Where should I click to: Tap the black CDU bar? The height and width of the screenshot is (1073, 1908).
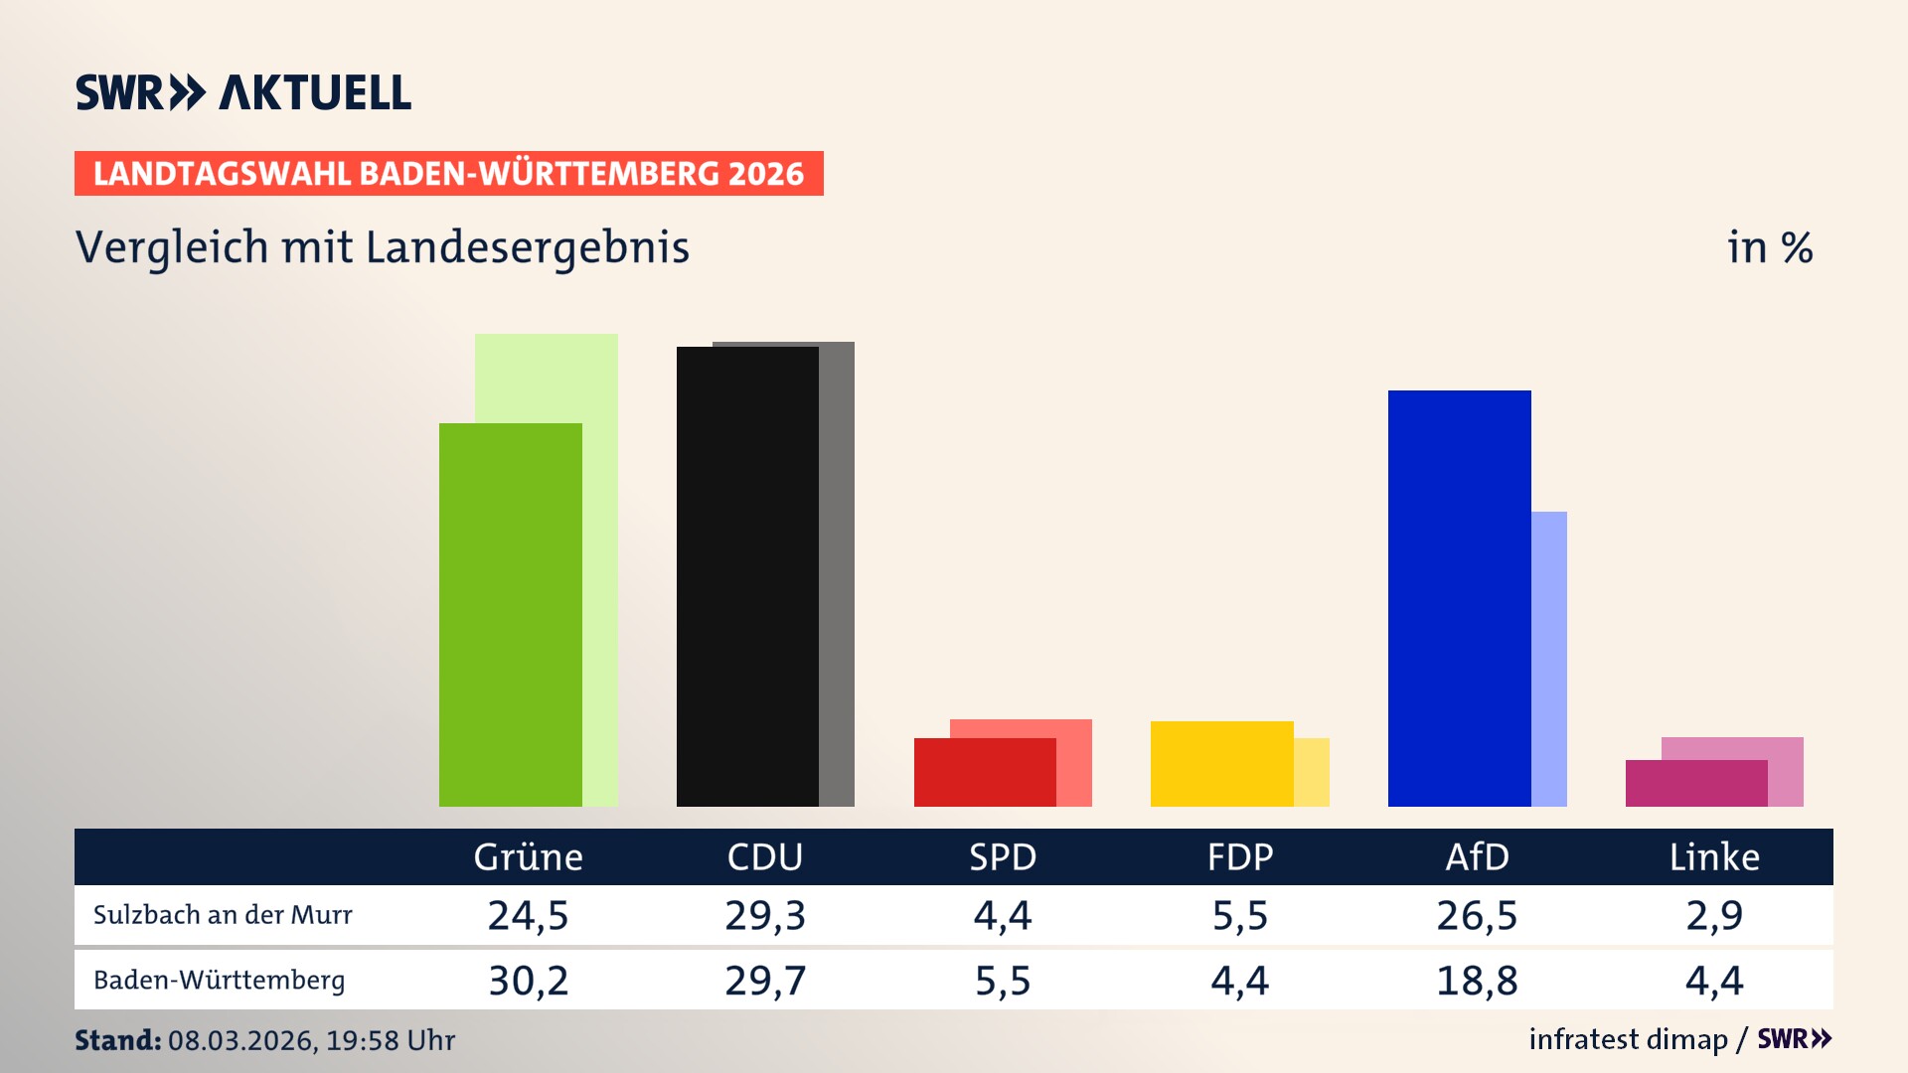click(747, 576)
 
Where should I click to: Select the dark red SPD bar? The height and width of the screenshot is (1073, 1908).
click(984, 772)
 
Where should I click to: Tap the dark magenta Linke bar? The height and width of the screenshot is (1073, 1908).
click(1695, 783)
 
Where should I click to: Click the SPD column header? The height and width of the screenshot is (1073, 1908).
click(1003, 856)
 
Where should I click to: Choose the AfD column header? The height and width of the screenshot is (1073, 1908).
click(1477, 856)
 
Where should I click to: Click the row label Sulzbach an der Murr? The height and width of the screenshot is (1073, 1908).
click(223, 915)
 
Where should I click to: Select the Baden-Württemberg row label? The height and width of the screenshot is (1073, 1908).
click(219, 981)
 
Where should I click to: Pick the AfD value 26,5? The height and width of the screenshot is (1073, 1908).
click(1477, 915)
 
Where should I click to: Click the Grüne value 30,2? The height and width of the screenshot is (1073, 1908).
click(528, 981)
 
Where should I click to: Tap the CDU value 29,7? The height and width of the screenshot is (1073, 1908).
click(765, 981)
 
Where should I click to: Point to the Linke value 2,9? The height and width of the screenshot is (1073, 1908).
click(1714, 915)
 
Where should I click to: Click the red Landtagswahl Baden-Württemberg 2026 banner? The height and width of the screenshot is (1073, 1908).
click(448, 173)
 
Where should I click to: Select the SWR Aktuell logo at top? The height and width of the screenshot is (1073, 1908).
click(242, 92)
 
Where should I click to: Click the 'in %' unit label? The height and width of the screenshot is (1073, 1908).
click(1769, 247)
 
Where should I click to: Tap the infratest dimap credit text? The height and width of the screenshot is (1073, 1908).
click(1628, 1039)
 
